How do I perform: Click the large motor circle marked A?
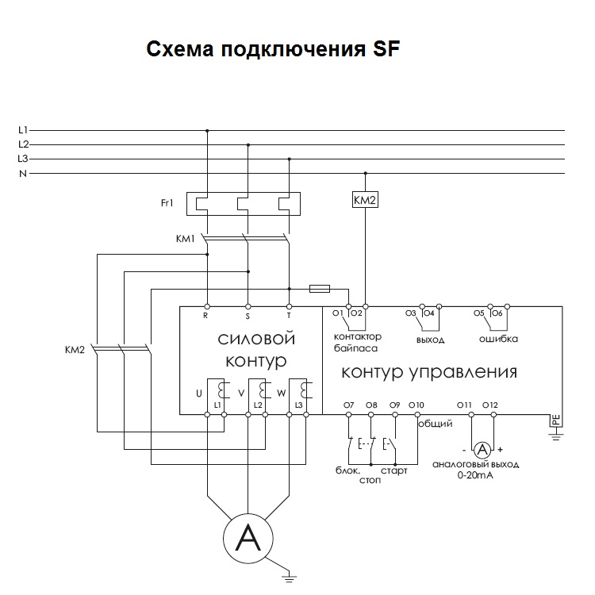(248, 539)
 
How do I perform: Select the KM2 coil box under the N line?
(365, 200)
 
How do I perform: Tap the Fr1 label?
(167, 203)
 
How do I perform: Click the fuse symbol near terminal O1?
(320, 289)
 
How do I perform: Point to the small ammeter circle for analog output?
(482, 450)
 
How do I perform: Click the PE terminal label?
(555, 420)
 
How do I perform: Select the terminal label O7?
(349, 405)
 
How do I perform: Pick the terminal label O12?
(490, 405)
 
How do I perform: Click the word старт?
(393, 471)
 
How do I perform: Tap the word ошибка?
(498, 339)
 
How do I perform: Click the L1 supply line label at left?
(23, 130)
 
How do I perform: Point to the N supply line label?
(23, 174)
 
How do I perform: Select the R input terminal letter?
(205, 315)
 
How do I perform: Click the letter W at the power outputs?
(281, 393)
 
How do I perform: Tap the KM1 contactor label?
(185, 238)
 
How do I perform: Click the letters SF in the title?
(386, 49)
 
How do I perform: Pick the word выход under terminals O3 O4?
(430, 340)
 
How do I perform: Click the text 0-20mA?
(475, 475)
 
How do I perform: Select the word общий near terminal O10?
(436, 424)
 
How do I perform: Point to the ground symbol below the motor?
(289, 578)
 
